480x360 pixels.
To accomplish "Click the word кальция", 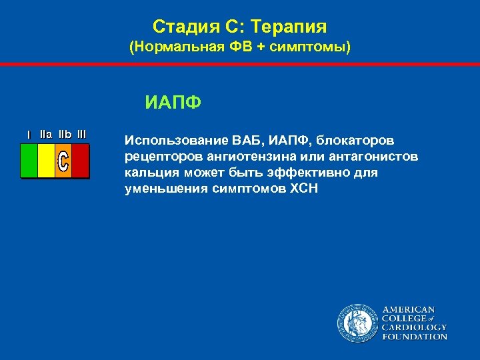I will (x=148, y=173).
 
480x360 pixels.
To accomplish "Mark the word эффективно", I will (x=298, y=173).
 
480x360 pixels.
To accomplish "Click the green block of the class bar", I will (x=29, y=161).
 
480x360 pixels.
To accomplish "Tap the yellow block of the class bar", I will (x=46, y=161).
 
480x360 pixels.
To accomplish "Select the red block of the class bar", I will (x=80, y=161).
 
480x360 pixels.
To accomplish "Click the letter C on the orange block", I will (x=63, y=161).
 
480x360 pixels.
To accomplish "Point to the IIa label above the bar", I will (x=46, y=134).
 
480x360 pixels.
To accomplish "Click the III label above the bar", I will (x=81, y=134).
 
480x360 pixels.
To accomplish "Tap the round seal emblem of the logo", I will (x=357, y=323).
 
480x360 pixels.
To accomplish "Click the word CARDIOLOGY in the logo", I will (x=414, y=327).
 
